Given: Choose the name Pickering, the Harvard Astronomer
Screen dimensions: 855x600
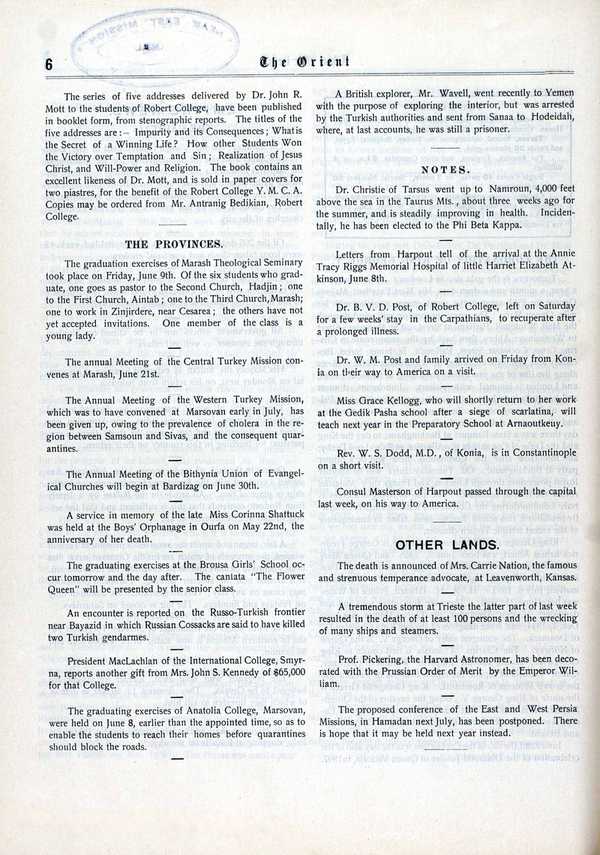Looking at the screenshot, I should pos(391,661).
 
